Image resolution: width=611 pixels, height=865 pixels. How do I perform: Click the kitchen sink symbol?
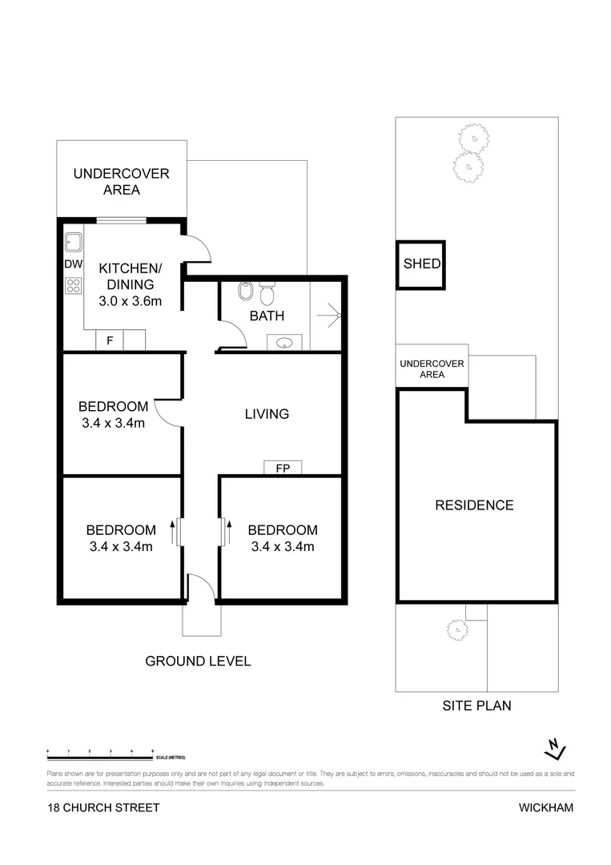74,241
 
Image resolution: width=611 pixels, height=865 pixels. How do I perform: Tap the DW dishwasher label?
73,264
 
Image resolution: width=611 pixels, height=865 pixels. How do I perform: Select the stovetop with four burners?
74,286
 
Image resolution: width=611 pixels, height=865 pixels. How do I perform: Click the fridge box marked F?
109,340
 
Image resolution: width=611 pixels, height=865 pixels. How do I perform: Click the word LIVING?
267,414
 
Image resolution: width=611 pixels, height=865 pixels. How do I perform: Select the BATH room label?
267,316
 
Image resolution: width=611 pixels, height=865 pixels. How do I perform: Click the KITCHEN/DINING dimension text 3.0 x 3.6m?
130,301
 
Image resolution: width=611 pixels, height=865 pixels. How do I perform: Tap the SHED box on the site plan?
421,264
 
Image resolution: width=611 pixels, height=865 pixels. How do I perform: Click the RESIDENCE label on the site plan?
474,505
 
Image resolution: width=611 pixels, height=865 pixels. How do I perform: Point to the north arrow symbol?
554,748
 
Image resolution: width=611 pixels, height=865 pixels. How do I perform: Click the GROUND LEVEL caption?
198,662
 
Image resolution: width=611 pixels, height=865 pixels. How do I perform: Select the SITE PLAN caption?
476,706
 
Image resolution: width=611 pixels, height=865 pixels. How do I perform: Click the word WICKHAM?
546,807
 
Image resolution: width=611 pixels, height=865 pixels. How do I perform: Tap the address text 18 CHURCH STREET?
103,807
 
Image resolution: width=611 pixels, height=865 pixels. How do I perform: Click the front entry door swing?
200,587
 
